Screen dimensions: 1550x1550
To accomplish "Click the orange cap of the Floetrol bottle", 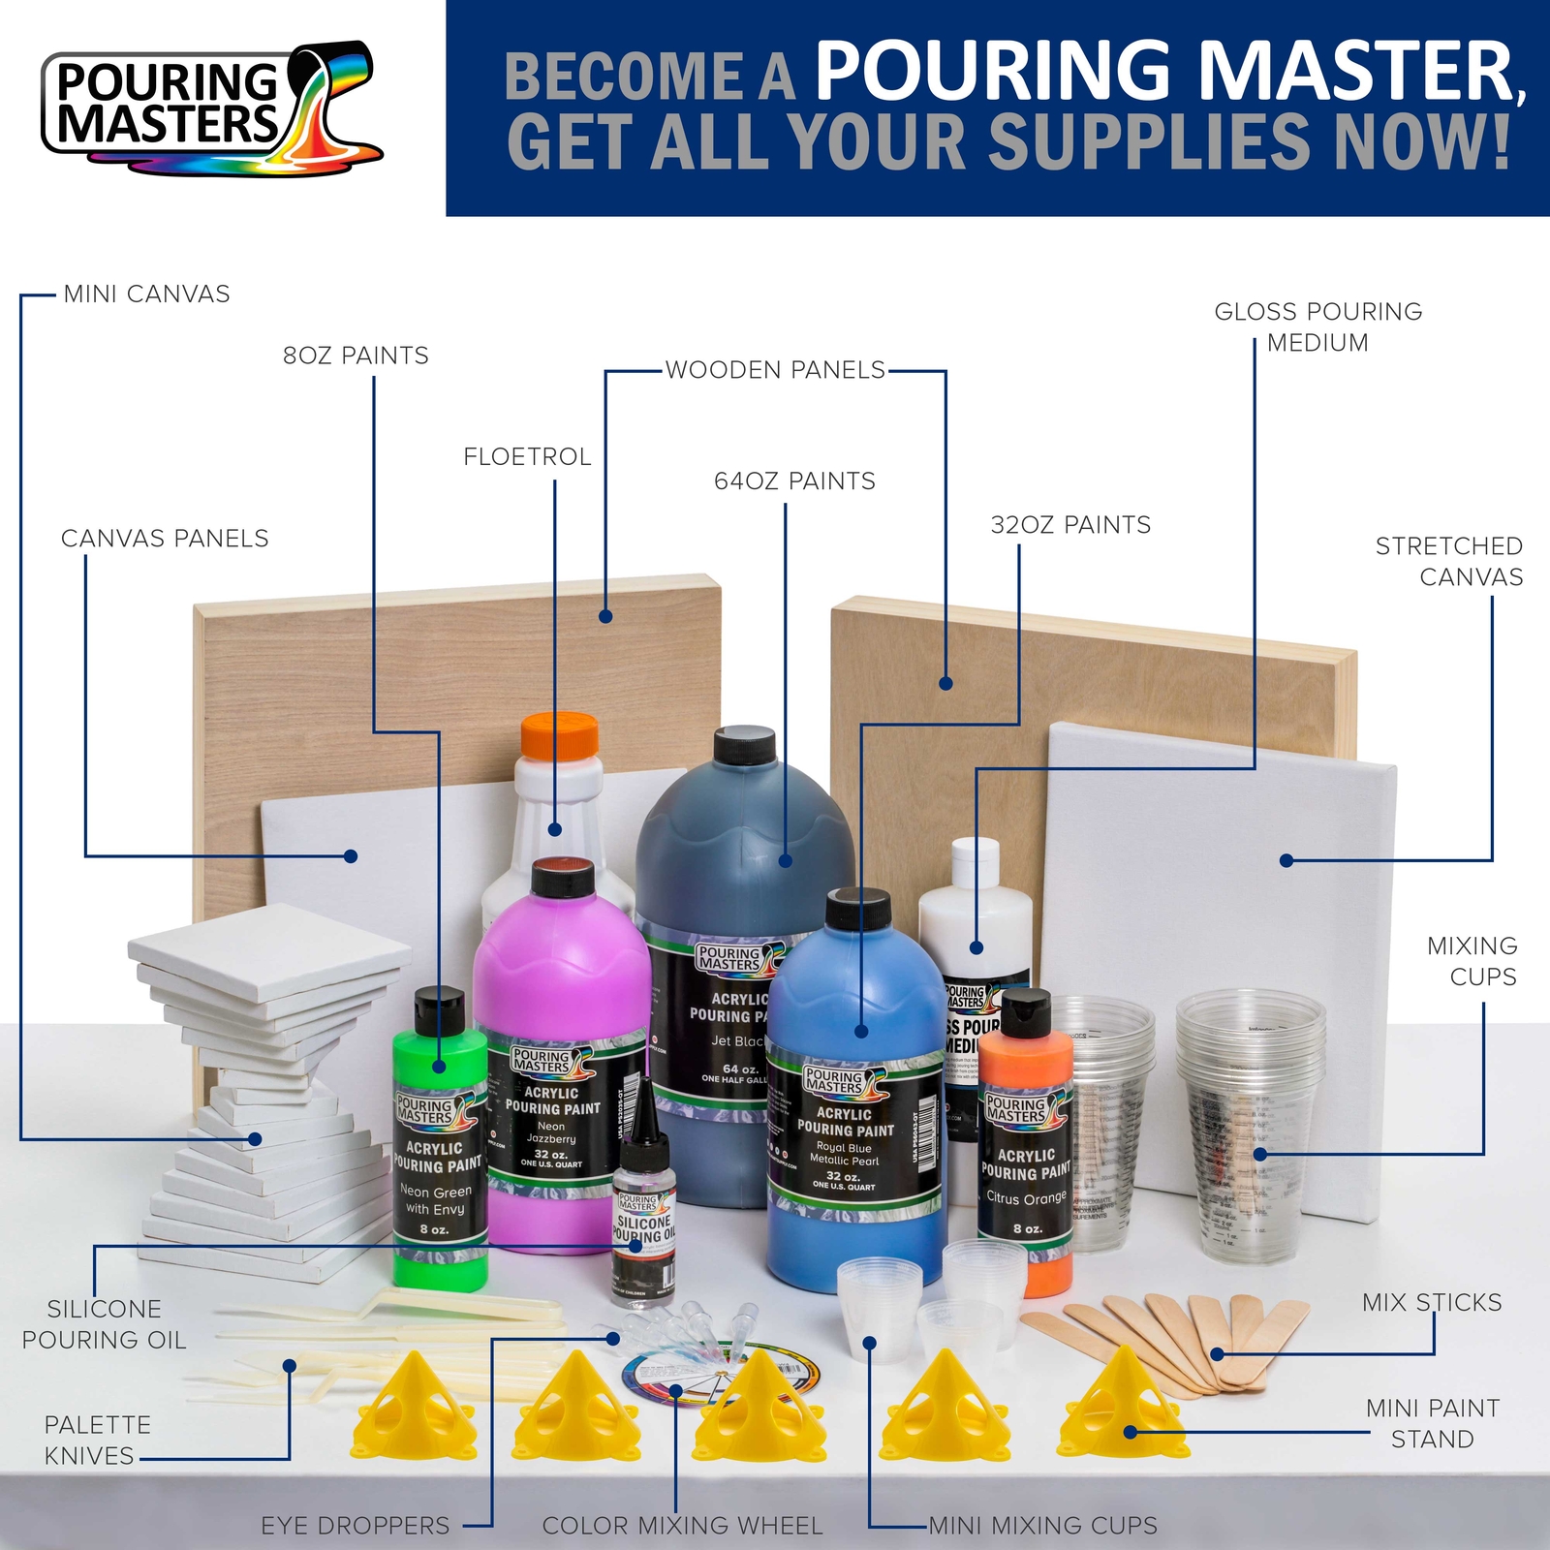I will coord(560,737).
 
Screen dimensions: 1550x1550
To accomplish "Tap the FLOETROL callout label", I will coord(527,457).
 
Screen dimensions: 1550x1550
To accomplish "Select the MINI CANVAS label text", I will coord(146,294).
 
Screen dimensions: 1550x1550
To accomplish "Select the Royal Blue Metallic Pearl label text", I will coord(844,1154).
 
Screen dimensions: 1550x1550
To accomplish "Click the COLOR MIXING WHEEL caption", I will coord(682,1526).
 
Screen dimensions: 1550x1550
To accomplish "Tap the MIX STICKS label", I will coord(1432,1303).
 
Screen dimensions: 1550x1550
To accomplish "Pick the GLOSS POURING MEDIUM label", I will coord(1317,327).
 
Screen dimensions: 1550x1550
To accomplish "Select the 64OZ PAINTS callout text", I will coord(794,481).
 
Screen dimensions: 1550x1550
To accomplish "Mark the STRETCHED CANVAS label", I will coord(1448,562).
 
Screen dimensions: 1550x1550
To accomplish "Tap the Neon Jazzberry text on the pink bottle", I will coord(551,1132).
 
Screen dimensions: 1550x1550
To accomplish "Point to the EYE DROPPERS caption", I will coord(355,1526).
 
